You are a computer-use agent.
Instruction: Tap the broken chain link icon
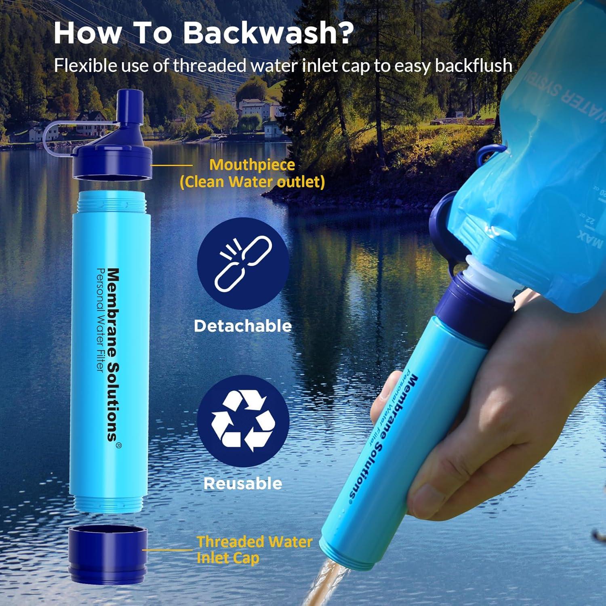[x=243, y=263]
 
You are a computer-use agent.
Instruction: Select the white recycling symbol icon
[x=243, y=421]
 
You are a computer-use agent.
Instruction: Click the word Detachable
[x=243, y=326]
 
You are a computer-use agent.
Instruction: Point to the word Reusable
[x=243, y=484]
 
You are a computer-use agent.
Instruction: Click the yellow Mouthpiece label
[x=252, y=165]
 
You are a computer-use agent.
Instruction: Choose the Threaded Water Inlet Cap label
[x=255, y=550]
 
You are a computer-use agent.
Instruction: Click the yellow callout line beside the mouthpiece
[x=172, y=165]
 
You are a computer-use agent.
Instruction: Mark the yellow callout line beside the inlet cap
[x=168, y=549]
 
